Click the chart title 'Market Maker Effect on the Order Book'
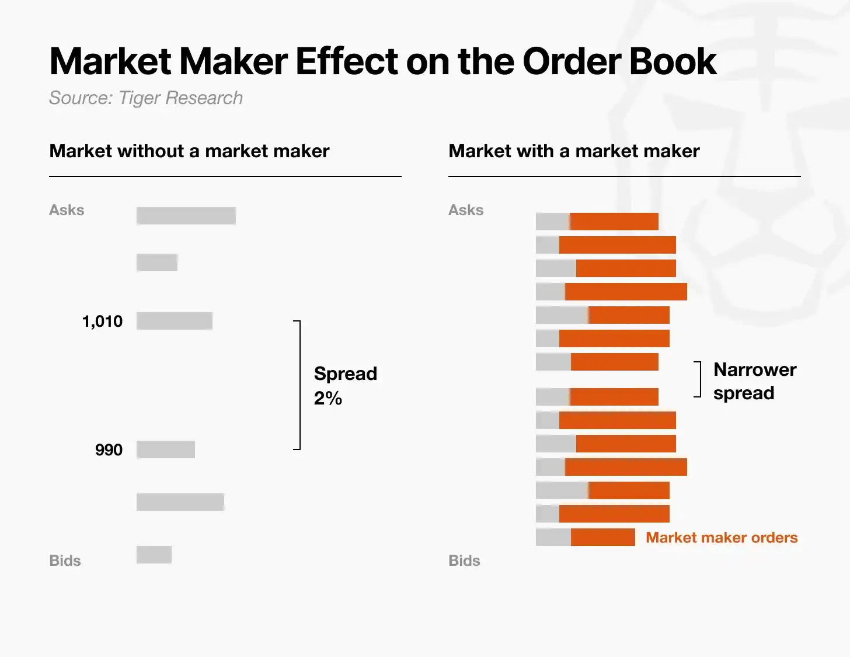[x=383, y=61]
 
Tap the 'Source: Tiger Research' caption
[x=146, y=98]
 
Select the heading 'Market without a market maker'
[x=189, y=151]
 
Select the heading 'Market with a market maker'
[x=574, y=151]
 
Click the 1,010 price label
[x=103, y=321]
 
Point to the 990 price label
[x=109, y=450]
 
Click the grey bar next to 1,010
[x=175, y=321]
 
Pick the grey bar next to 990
[x=166, y=449]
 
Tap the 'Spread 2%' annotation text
[x=346, y=386]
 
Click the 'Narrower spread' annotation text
[x=755, y=381]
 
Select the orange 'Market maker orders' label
[x=722, y=538]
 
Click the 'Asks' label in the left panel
[x=67, y=210]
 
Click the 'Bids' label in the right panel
[x=464, y=561]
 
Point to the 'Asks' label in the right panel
[x=466, y=210]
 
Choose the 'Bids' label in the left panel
[x=65, y=561]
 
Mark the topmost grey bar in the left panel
[x=186, y=216]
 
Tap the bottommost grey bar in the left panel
[x=154, y=555]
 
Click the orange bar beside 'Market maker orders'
[x=603, y=537]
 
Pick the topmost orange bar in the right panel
[x=614, y=222]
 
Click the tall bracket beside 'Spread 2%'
[x=300, y=385]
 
